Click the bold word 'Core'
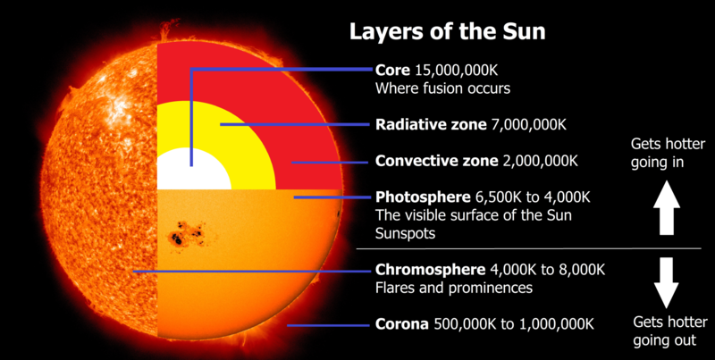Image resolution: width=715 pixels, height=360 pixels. (392, 71)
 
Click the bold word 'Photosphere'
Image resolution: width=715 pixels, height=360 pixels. (420, 197)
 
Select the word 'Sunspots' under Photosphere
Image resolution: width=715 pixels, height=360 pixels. (405, 233)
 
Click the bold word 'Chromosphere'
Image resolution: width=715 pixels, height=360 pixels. (428, 270)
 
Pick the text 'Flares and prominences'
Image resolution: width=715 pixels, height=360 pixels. (453, 288)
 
